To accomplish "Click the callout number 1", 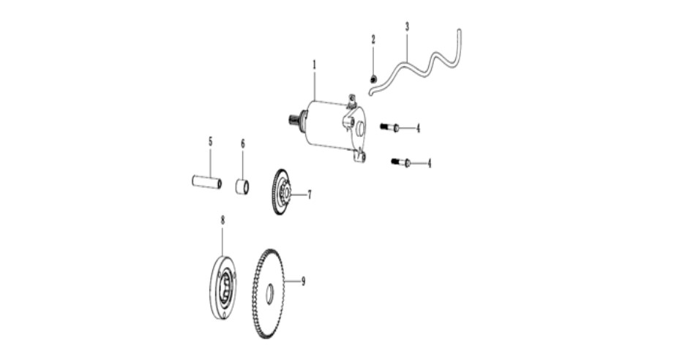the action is [x=314, y=64].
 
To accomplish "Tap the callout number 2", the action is [x=373, y=40].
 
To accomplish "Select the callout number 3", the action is [x=407, y=26].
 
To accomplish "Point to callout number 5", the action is [x=210, y=141].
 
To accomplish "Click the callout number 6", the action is [x=243, y=143].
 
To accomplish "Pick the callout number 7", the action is [x=310, y=195].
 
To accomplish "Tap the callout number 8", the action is [x=222, y=220].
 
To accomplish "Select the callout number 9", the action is [x=303, y=282].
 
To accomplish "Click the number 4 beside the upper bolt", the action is [x=418, y=128].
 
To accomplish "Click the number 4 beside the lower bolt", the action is [x=429, y=163].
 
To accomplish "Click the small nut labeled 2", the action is [x=373, y=80].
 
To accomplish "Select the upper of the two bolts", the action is [x=389, y=127].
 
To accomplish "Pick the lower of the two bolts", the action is [x=401, y=162].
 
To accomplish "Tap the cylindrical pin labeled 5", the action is [x=206, y=181].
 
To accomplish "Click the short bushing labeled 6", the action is [x=242, y=187].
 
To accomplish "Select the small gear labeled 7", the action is [x=281, y=192].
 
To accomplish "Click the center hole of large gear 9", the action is [x=269, y=291].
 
